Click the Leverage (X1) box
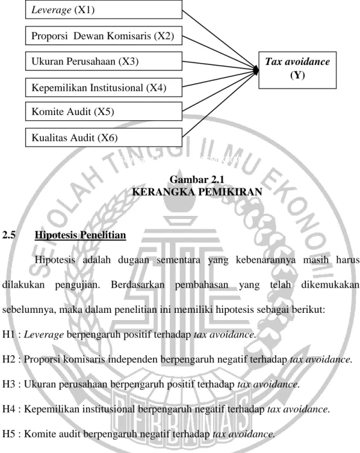[104, 10]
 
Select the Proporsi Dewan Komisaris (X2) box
[104, 35]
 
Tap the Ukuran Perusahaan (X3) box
[104, 61]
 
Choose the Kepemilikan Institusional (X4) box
[104, 87]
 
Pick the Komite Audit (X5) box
[104, 111]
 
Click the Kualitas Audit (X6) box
[104, 138]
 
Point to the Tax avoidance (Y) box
[297, 70]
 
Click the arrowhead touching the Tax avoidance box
[256, 70]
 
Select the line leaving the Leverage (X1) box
[219, 40]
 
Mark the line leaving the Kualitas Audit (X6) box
[219, 104]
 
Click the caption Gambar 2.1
[197, 179]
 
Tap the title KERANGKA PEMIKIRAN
[197, 192]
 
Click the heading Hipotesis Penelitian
[81, 235]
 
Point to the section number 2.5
[8, 235]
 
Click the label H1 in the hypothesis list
[8, 334]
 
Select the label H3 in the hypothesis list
[8, 384]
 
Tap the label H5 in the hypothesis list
[8, 434]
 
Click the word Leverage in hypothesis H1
[44, 335]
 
